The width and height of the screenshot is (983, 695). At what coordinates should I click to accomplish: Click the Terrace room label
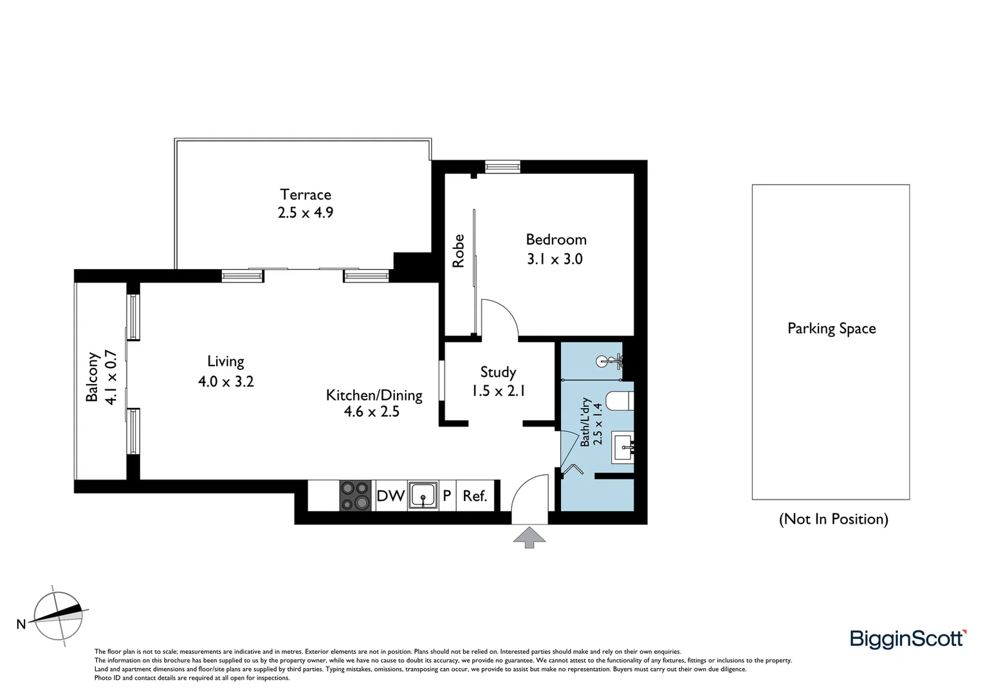(306, 194)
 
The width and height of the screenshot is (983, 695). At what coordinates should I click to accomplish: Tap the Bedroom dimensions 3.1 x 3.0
(555, 259)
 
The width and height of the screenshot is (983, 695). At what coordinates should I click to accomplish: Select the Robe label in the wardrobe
(459, 251)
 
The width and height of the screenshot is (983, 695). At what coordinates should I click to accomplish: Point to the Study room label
(498, 372)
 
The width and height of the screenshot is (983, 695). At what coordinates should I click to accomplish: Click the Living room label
(225, 362)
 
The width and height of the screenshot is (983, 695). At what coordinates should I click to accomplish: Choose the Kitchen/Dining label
(374, 395)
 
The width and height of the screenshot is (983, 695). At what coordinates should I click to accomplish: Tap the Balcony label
(93, 376)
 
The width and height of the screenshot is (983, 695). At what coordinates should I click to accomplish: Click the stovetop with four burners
(356, 496)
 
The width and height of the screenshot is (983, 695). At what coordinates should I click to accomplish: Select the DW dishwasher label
(390, 496)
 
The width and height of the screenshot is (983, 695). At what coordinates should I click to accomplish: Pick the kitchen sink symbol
(423, 496)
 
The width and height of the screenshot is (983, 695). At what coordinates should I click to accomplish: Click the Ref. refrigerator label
(475, 496)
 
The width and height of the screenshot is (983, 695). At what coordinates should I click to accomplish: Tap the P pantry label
(446, 496)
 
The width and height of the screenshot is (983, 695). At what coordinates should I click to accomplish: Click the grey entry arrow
(529, 537)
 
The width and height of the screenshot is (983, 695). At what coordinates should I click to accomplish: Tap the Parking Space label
(831, 328)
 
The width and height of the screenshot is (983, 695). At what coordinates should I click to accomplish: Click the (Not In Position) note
(833, 519)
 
